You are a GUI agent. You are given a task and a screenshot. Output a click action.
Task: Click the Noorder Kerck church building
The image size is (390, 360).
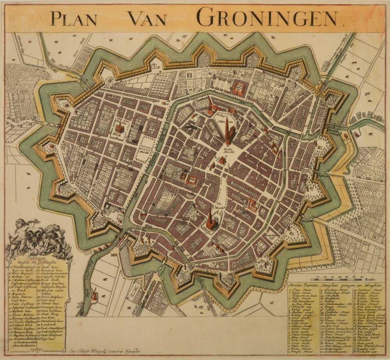point(121,127)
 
